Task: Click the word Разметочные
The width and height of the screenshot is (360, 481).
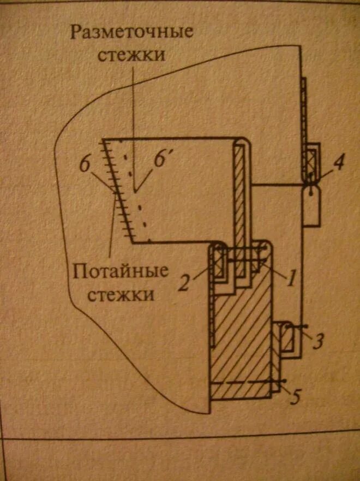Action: tap(131, 31)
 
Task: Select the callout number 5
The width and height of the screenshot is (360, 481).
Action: tap(295, 397)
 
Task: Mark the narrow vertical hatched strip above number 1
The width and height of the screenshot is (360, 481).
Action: tap(239, 197)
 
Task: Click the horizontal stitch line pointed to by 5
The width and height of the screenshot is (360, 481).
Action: tap(245, 382)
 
